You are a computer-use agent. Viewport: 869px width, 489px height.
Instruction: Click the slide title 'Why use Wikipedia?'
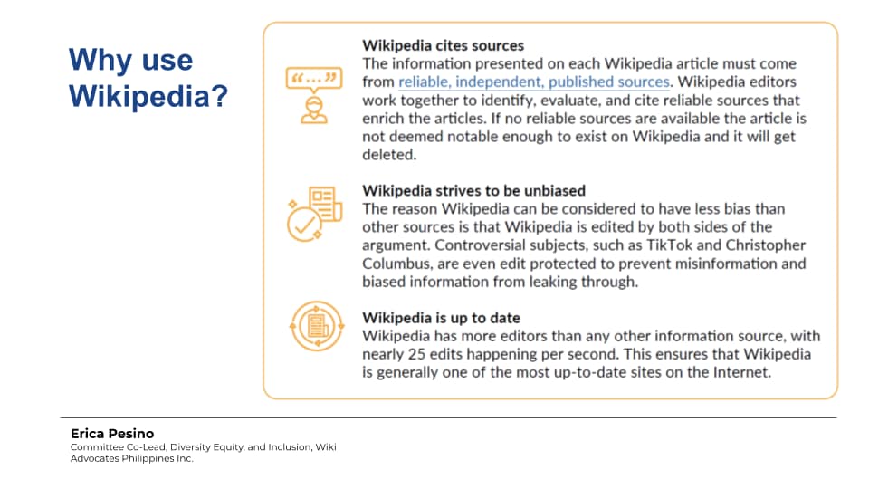tap(148, 78)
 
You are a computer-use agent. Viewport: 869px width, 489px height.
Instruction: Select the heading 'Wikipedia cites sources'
tap(443, 45)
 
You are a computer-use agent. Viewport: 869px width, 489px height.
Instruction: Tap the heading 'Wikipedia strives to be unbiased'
tap(473, 191)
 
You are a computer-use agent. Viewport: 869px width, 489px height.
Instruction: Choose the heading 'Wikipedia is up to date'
tap(441, 318)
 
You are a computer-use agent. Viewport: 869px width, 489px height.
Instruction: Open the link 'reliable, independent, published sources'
tap(534, 82)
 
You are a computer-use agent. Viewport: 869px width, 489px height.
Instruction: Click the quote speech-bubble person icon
tap(314, 95)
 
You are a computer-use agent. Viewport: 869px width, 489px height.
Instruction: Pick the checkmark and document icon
tap(314, 214)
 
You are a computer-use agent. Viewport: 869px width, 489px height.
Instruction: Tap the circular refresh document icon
tap(317, 326)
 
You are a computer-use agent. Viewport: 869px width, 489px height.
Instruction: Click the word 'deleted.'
tap(389, 155)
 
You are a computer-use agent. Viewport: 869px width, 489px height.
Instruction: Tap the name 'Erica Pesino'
tap(112, 434)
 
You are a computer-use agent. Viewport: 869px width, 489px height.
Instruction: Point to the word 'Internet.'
tap(742, 372)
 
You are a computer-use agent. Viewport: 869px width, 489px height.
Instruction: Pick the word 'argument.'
tap(396, 245)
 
